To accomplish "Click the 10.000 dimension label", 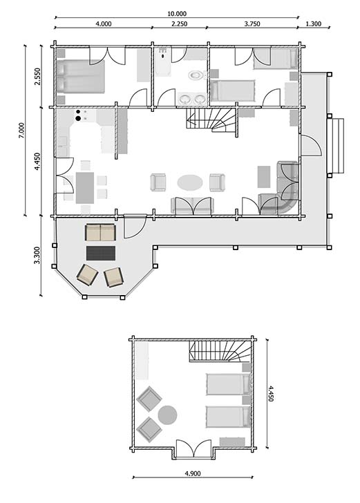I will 176,13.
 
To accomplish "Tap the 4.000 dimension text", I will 103,24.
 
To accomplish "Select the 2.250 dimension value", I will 180,24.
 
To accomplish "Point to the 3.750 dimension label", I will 252,24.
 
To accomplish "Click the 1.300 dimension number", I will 313,24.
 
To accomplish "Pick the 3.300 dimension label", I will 37,256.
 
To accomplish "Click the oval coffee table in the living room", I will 190,182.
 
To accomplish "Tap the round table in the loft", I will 167,415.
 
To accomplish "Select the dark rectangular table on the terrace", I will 101,252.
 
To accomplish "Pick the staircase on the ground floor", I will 211,121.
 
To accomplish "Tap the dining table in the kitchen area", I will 85,186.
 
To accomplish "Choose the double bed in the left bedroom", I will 80,75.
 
